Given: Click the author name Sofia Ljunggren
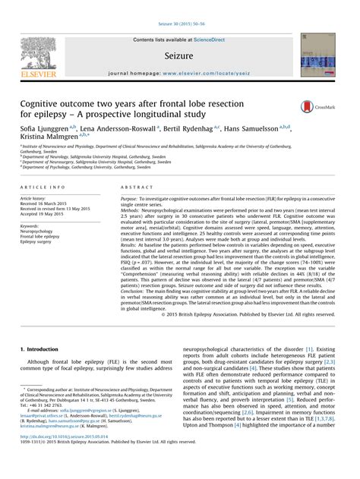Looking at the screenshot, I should pos(45,131).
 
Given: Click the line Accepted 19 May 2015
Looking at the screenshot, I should pos(43,215).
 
